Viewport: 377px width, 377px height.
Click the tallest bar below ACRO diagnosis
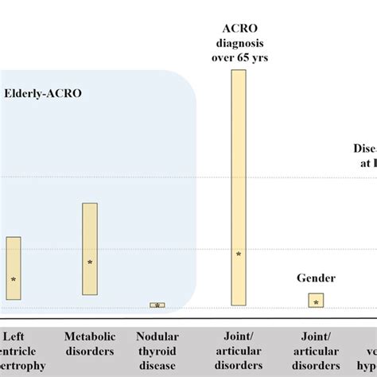[238, 188]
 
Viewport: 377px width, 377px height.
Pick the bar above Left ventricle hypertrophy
[14, 271]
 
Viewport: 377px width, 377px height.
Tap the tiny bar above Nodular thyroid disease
[157, 305]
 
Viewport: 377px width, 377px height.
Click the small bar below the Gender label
[316, 301]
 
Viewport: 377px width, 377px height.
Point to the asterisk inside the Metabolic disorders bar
[90, 262]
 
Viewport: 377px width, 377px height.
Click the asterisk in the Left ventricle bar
[14, 280]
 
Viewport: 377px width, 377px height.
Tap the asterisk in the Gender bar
[316, 302]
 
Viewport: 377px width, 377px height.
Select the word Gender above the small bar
[316, 278]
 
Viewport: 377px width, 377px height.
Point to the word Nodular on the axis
[157, 336]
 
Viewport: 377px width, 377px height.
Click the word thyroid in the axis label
[157, 351]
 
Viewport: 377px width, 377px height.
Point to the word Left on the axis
[14, 336]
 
